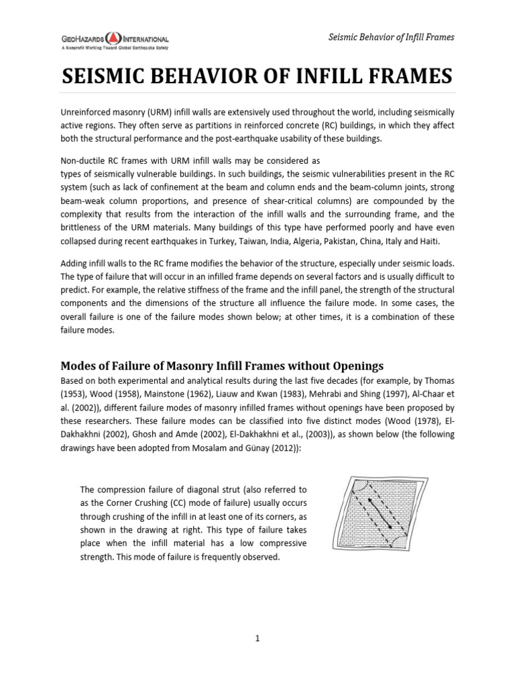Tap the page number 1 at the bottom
pyautogui.click(x=257, y=639)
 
